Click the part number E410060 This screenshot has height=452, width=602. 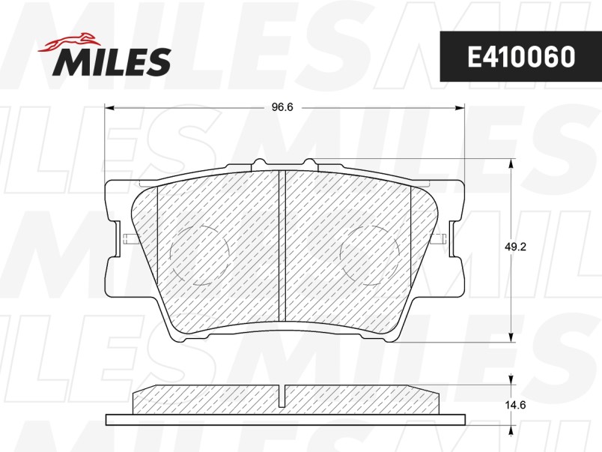click(x=521, y=57)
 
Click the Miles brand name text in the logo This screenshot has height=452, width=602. click(x=112, y=61)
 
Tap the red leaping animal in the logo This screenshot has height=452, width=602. click(x=68, y=41)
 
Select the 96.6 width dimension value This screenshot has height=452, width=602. click(x=282, y=107)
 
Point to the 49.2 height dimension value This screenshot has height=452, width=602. click(x=515, y=247)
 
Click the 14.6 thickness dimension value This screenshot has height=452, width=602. click(x=515, y=405)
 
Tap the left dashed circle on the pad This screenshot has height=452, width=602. click(x=199, y=255)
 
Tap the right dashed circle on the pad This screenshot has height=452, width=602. click(x=370, y=255)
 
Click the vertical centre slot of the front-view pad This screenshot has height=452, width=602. click(x=282, y=245)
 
